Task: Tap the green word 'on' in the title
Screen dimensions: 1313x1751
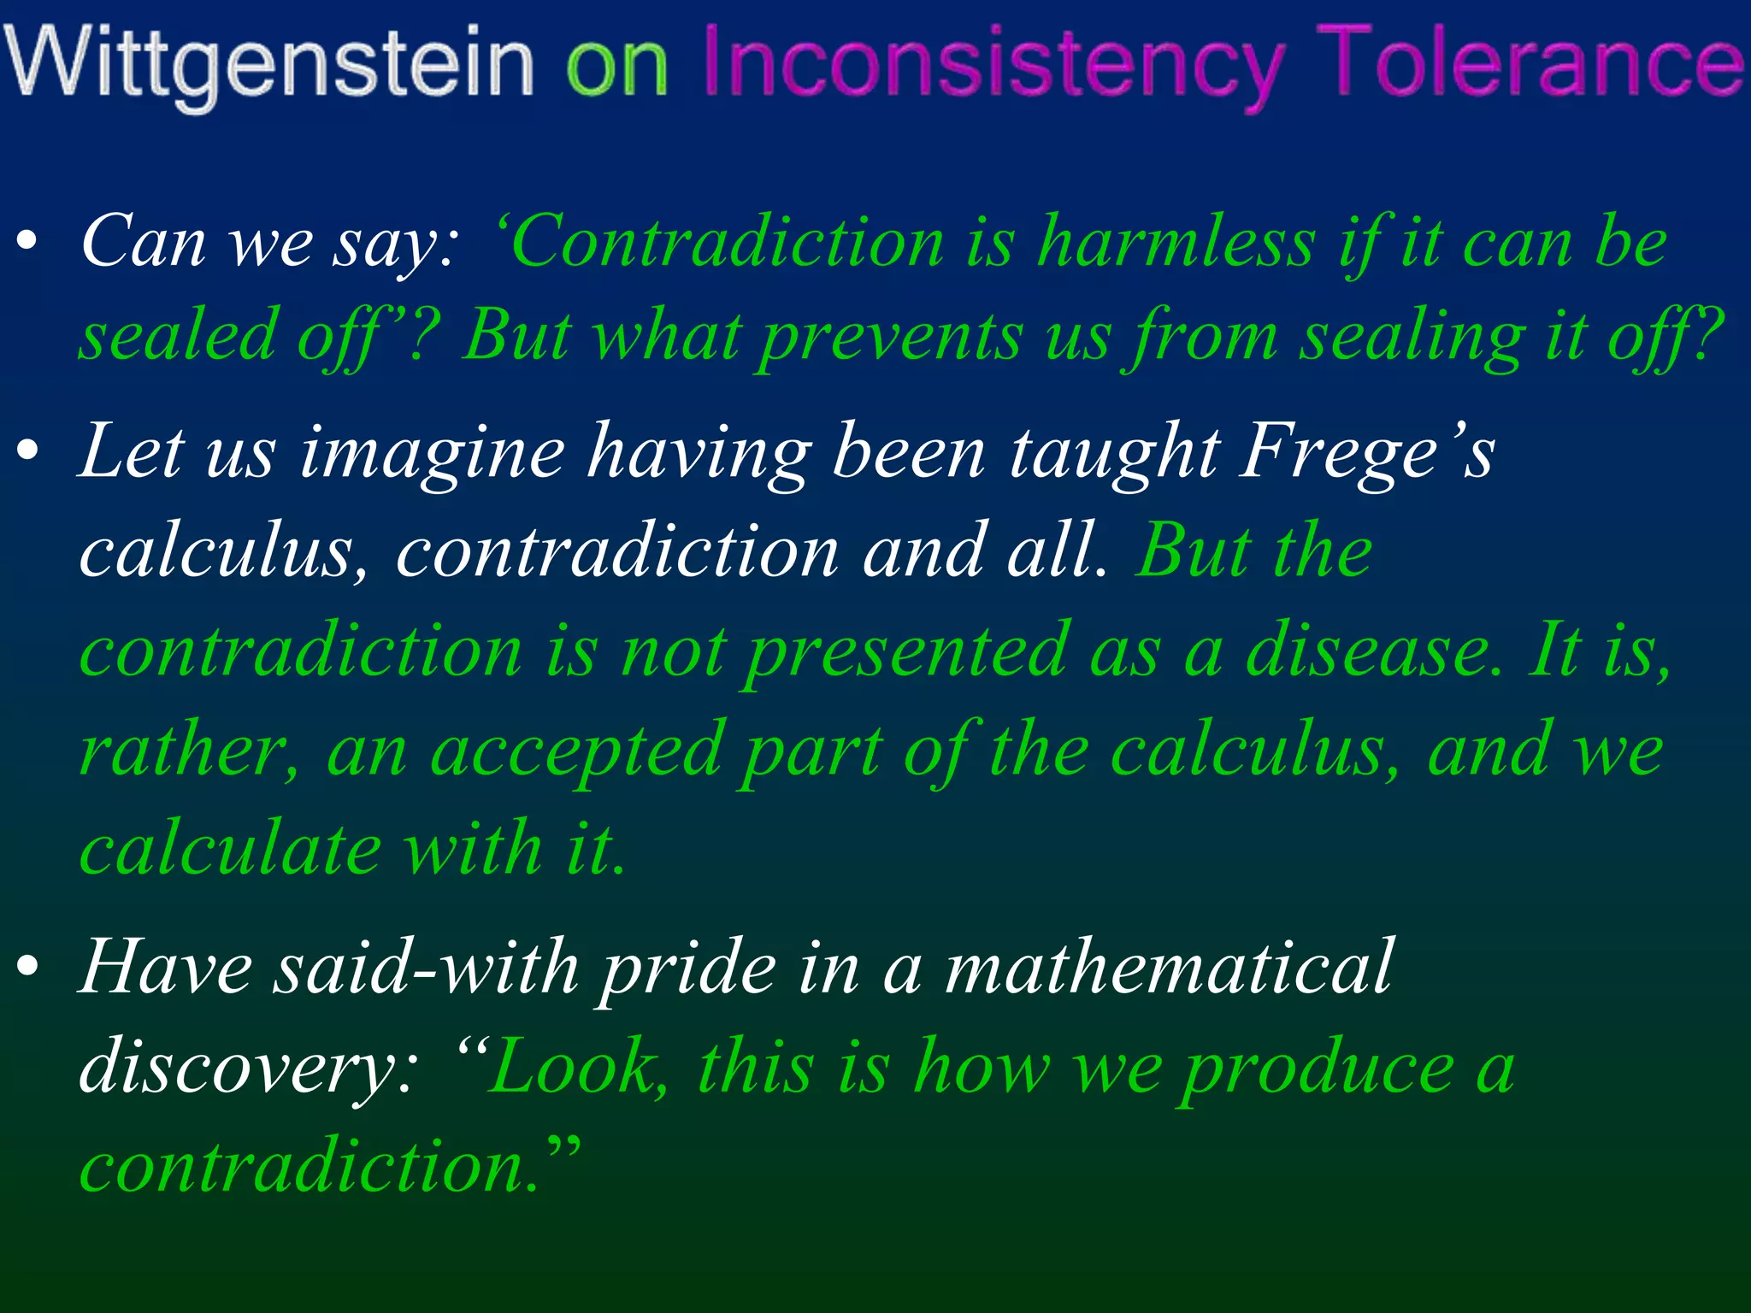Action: click(616, 65)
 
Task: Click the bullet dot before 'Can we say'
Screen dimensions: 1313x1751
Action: click(28, 243)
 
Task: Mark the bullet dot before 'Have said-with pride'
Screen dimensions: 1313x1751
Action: click(28, 968)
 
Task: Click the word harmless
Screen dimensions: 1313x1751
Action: click(1176, 243)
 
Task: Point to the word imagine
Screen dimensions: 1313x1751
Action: click(433, 453)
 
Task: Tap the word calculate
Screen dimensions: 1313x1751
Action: click(230, 850)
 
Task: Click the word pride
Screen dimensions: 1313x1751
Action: click(688, 969)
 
